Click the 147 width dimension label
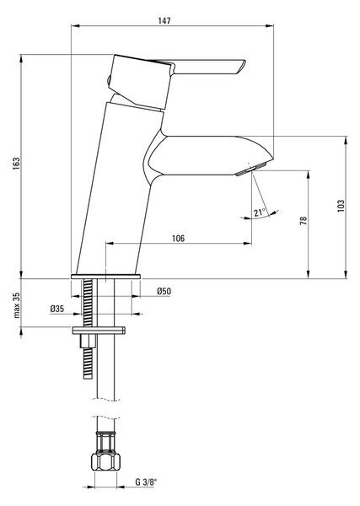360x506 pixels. pos(164,20)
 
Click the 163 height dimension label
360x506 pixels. pos(16,164)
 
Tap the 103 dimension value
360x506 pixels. pos(341,206)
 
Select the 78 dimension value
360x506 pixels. pos(304,220)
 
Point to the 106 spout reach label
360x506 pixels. pos(179,238)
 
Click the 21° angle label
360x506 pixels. pos(259,213)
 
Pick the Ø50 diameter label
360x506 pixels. pos(164,291)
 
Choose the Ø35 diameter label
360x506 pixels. pos(57,309)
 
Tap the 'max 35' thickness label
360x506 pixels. pos(17,305)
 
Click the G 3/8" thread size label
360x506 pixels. pos(146,482)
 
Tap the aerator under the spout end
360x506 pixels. pos(251,170)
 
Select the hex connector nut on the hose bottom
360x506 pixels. pos(105,462)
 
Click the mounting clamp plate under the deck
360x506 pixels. pos(99,330)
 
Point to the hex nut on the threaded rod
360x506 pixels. pos(88,341)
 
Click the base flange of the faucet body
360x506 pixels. pos(105,277)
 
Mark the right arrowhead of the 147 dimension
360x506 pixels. pos(271,26)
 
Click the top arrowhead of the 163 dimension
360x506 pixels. pos(21,58)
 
